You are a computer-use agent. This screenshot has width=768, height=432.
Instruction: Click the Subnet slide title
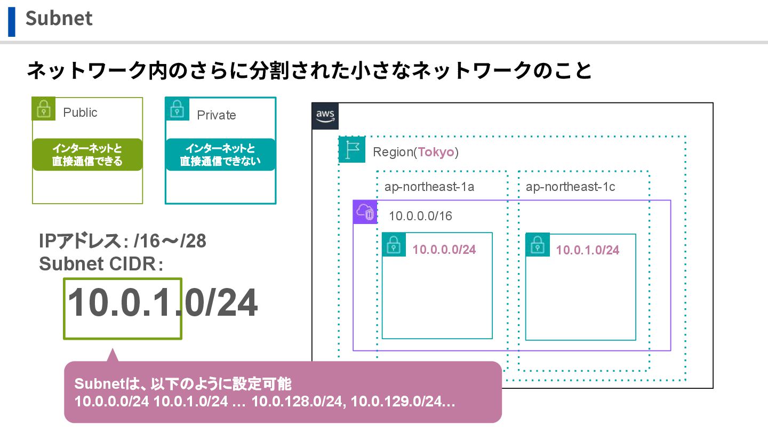[x=59, y=18]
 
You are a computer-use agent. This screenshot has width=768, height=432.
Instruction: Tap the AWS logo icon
[x=325, y=116]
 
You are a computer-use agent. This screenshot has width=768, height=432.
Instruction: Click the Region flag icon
[x=352, y=150]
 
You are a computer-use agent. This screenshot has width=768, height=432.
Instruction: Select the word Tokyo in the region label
[x=436, y=152]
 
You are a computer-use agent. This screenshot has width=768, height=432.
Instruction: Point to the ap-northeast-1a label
[x=429, y=187]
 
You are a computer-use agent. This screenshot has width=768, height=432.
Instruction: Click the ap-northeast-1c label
[x=570, y=187]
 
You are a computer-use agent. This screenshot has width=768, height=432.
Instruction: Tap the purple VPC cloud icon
[x=365, y=212]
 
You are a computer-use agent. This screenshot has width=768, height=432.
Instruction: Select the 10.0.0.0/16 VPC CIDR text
[x=421, y=216]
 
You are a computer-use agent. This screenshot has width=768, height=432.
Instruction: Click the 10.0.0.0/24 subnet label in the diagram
[x=444, y=249]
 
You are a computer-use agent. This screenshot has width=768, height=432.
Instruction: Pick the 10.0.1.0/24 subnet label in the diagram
[x=588, y=250]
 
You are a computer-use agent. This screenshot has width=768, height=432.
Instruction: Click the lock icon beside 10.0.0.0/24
[x=394, y=245]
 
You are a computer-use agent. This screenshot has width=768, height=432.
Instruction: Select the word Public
[x=80, y=113]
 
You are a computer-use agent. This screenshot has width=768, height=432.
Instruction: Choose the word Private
[x=216, y=115]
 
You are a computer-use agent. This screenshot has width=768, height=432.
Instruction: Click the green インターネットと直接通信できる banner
[x=87, y=155]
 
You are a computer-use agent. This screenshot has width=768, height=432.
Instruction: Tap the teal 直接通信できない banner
[x=220, y=155]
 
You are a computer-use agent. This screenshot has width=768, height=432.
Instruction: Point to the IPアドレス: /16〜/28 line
[x=123, y=242]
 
